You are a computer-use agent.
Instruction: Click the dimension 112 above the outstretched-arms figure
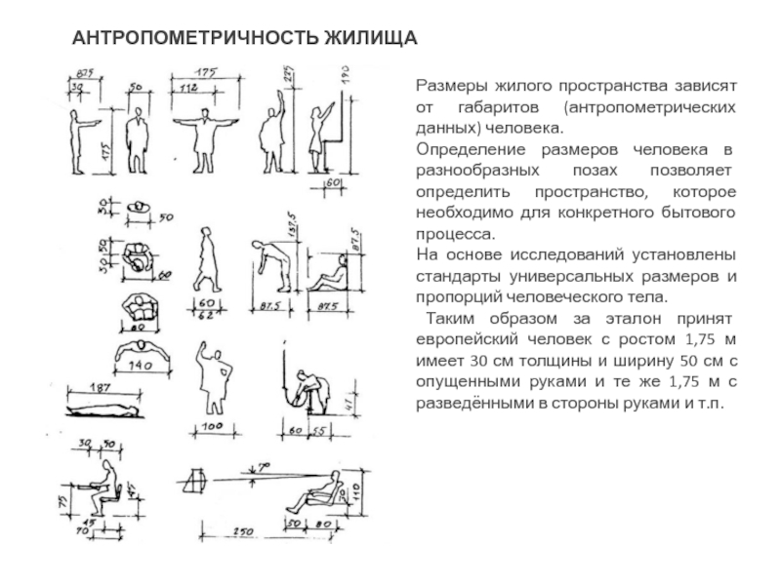[x=188, y=89]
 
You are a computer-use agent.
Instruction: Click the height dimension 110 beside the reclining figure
[x=357, y=487]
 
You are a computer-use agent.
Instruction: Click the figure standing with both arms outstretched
[x=205, y=136]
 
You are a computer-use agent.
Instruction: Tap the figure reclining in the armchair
[x=317, y=492]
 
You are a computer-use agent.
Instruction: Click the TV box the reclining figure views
[x=199, y=479]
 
